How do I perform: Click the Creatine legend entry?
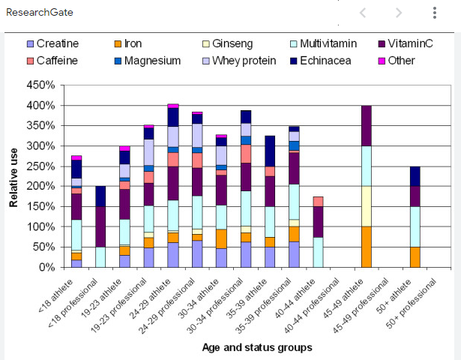[x=57, y=44]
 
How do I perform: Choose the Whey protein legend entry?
[x=244, y=61]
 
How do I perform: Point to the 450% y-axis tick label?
[x=40, y=85]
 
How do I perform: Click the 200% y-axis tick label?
[x=40, y=186]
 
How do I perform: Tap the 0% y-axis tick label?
[x=46, y=267]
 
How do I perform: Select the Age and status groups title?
[x=256, y=347]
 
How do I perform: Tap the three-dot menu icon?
[x=435, y=13]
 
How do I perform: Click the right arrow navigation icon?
[x=399, y=13]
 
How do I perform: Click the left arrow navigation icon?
[x=364, y=13]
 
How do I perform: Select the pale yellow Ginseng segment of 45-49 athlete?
[x=367, y=206]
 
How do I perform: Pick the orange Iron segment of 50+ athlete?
[x=415, y=256]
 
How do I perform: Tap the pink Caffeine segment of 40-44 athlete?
[x=319, y=202]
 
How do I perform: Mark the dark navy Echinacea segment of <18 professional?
[x=101, y=196]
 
